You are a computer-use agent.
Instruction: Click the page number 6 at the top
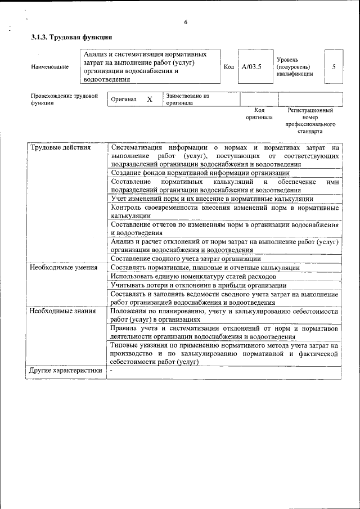(184, 22)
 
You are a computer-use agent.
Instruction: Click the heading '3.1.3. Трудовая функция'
(71, 38)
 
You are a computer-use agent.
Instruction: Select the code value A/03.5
(251, 67)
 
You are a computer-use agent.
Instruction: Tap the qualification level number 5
(334, 66)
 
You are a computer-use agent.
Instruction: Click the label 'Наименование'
(50, 67)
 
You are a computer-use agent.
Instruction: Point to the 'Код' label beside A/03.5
(228, 67)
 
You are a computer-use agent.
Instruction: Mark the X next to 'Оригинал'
(150, 99)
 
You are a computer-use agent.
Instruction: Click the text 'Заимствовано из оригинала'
(187, 100)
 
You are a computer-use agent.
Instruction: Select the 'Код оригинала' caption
(259, 114)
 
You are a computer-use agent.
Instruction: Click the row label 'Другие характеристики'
(65, 371)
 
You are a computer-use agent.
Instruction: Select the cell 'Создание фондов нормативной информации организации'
(200, 173)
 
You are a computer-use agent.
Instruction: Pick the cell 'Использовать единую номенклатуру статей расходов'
(193, 276)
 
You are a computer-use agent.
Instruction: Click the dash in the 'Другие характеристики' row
(111, 371)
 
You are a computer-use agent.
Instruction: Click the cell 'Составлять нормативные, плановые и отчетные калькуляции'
(205, 267)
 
